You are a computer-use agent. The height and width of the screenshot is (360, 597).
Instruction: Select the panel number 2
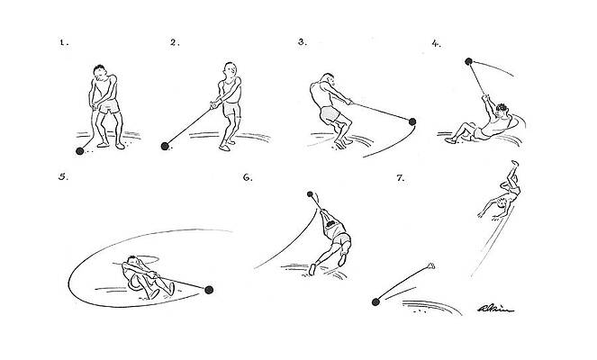(176, 41)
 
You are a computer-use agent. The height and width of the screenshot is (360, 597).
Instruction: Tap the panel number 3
(303, 41)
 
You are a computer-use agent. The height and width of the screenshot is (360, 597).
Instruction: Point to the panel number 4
(437, 41)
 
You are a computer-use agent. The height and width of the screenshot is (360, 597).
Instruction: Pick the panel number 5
(62, 176)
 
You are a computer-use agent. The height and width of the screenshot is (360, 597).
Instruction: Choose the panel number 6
(248, 177)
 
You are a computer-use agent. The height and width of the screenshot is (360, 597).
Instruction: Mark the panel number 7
(400, 177)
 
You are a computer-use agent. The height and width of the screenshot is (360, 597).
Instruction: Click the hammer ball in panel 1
(78, 152)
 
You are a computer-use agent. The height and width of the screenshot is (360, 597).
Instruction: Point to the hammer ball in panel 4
(467, 61)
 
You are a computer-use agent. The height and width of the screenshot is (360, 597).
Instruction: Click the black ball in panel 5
(210, 290)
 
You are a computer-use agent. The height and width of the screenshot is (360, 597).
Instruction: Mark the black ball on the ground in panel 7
(375, 301)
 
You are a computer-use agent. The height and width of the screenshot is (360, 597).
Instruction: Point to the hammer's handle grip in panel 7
(431, 265)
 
